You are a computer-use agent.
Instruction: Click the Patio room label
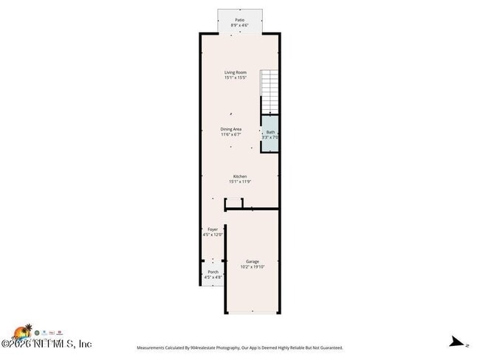(x=239, y=20)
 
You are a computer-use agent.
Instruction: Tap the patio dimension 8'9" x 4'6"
(x=239, y=25)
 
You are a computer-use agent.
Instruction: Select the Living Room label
(x=236, y=72)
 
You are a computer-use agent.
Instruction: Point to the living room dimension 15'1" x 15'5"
(x=236, y=77)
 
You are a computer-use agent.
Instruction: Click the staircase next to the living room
(x=270, y=89)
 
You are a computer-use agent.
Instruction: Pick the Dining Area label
(x=231, y=129)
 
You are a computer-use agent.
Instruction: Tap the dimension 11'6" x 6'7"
(x=231, y=134)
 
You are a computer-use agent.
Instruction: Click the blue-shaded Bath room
(x=270, y=134)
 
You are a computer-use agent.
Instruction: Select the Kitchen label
(x=240, y=176)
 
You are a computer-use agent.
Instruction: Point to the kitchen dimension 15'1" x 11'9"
(x=240, y=181)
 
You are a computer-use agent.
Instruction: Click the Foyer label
(x=213, y=229)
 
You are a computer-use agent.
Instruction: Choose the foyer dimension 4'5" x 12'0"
(x=213, y=235)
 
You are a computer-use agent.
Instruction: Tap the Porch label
(x=213, y=272)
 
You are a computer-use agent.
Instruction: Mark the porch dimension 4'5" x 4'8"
(x=213, y=277)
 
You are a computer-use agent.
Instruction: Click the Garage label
(x=253, y=262)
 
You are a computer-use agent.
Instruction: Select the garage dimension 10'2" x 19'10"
(x=253, y=267)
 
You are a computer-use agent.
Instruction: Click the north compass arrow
(x=458, y=342)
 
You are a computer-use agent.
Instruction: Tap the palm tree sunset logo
(x=24, y=331)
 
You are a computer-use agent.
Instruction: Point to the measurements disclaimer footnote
(x=240, y=347)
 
